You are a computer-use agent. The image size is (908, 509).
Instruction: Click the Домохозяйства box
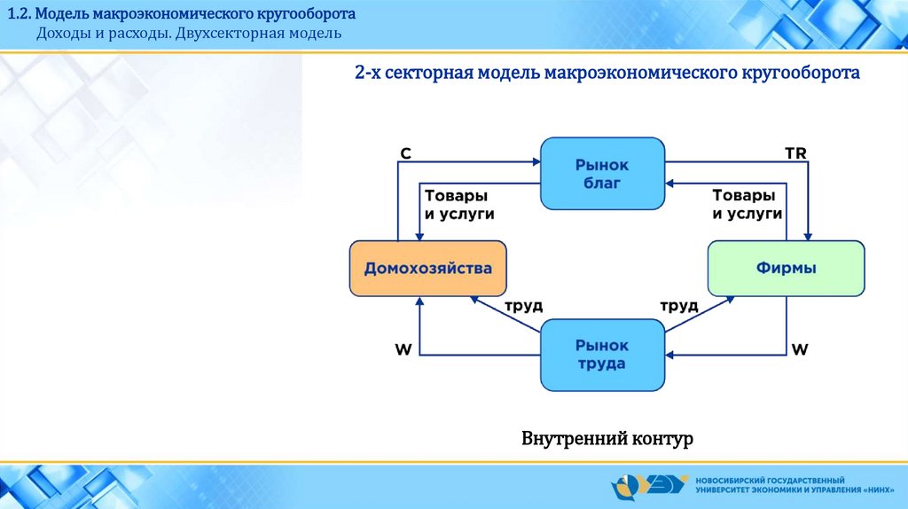tap(428, 269)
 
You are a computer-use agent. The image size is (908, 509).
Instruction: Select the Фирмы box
tap(786, 269)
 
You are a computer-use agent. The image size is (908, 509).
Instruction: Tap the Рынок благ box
tap(602, 174)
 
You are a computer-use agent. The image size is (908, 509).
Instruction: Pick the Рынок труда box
tap(602, 355)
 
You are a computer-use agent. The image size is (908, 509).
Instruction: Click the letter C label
tap(405, 153)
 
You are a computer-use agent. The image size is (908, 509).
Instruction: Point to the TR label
tap(795, 153)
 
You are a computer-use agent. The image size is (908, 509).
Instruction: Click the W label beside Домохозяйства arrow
tap(403, 349)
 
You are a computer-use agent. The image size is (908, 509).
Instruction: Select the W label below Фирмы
tap(800, 349)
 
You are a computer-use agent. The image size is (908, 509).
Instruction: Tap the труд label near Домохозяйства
tap(523, 306)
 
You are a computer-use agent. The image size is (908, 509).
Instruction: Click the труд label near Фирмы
tap(679, 306)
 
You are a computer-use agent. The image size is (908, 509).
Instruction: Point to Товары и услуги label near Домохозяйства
tap(459, 205)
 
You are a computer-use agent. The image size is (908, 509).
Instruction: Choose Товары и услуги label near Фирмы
tap(747, 205)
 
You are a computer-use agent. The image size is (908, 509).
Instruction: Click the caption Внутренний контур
tap(607, 438)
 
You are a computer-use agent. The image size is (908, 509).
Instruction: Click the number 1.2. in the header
tap(20, 13)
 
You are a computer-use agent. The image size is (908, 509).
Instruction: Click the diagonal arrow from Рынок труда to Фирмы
tap(700, 315)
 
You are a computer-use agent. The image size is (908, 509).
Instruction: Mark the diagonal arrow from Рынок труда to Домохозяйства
tap(505, 315)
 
